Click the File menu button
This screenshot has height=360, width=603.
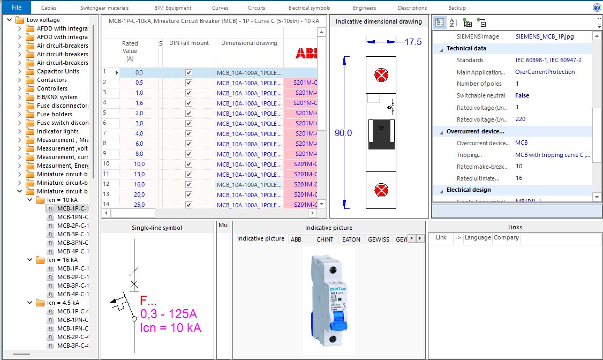click(x=16, y=7)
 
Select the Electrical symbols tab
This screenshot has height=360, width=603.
click(x=309, y=8)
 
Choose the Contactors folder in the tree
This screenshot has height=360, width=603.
click(x=52, y=80)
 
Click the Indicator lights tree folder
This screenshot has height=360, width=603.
click(x=57, y=131)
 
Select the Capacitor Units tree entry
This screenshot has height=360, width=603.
click(x=58, y=71)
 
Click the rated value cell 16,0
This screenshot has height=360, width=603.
click(x=139, y=184)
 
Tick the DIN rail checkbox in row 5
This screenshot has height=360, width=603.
click(x=189, y=113)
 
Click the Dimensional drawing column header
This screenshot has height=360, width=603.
click(x=249, y=43)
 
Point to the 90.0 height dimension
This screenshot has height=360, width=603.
click(x=343, y=133)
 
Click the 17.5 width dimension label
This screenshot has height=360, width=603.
click(x=413, y=42)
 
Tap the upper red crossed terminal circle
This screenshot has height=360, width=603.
click(x=381, y=75)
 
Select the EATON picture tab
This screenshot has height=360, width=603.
click(x=351, y=239)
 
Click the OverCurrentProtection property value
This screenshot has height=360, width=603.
click(x=545, y=72)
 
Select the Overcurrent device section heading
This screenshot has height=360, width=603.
click(x=476, y=131)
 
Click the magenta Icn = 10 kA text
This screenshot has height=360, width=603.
click(x=171, y=328)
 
